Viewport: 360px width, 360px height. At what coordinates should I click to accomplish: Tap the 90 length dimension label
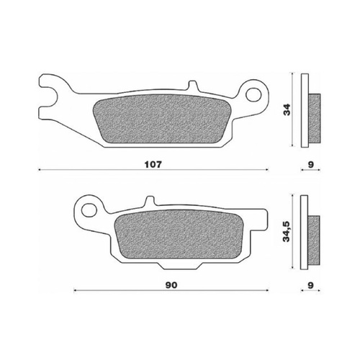point(171,285)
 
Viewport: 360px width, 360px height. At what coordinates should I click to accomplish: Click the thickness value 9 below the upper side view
point(310,164)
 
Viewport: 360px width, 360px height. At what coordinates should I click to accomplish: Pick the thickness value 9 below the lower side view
point(310,285)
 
